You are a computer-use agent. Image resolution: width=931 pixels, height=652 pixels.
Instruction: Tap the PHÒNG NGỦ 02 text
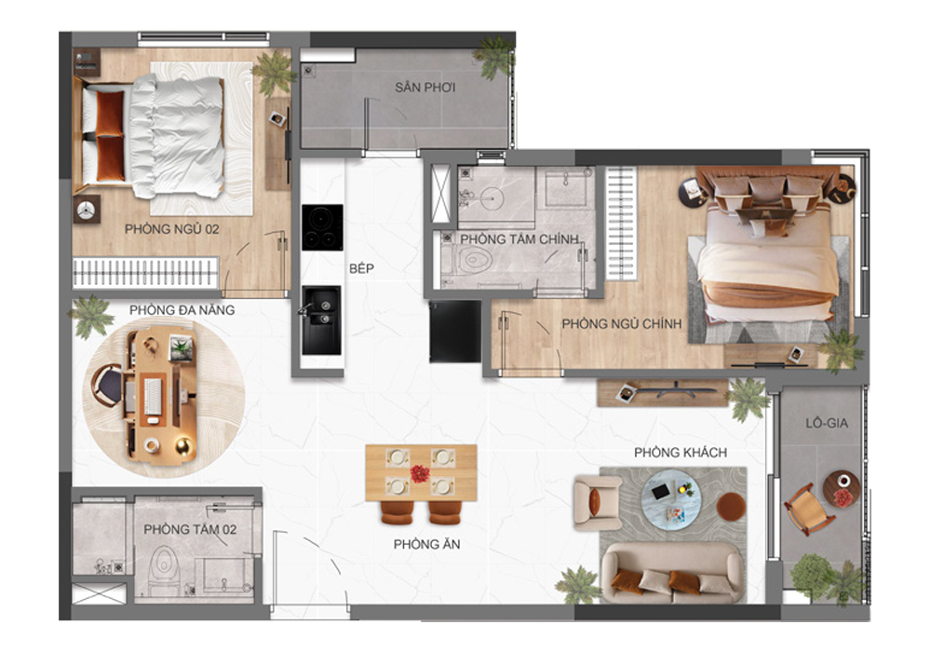click(172, 227)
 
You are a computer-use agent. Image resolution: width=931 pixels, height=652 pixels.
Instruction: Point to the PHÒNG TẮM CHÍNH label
click(519, 239)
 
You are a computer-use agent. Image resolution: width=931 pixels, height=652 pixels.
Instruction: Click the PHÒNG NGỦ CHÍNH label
click(622, 324)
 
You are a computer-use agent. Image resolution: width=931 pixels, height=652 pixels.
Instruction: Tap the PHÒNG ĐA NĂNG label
click(182, 309)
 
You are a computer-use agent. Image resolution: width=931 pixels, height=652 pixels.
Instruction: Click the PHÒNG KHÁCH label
click(681, 453)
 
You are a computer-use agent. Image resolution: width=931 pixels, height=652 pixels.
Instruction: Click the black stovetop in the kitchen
click(321, 226)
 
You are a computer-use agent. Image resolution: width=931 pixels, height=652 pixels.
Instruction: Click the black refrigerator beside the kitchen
click(455, 331)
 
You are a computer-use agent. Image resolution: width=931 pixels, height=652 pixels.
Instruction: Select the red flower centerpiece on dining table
click(421, 472)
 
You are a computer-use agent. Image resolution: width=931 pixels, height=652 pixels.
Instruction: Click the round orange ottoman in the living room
click(732, 508)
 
